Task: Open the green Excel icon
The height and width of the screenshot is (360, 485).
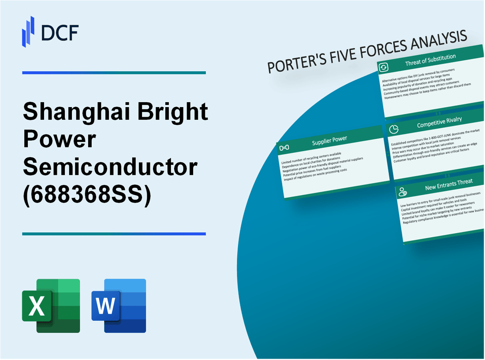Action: pyautogui.click(x=51, y=305)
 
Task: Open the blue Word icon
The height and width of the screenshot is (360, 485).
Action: pyautogui.click(x=119, y=305)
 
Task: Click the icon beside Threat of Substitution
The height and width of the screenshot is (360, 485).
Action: pyautogui.click(x=384, y=67)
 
